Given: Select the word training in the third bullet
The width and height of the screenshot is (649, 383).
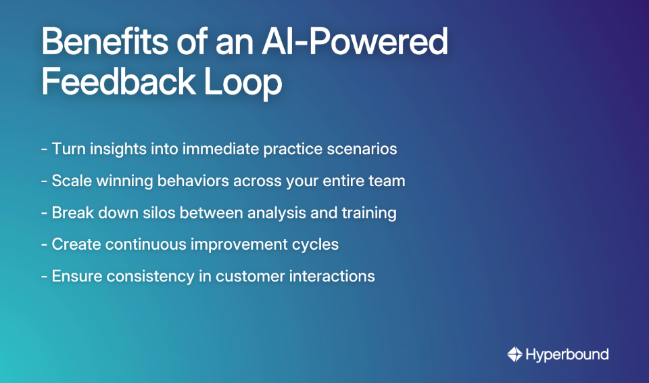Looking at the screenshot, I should point(369,212).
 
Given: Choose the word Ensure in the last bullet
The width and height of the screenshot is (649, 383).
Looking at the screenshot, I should point(76,276).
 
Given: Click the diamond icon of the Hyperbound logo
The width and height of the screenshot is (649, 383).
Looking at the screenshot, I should point(515,354).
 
